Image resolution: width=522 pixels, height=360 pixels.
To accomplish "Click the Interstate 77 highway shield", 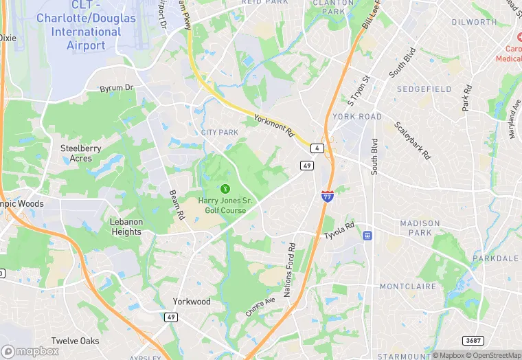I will (x=328, y=196).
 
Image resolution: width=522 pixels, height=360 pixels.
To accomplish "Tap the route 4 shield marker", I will (x=317, y=148).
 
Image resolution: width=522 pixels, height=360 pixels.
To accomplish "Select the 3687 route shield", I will (x=473, y=340).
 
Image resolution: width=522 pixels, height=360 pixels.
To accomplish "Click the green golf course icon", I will (x=224, y=188).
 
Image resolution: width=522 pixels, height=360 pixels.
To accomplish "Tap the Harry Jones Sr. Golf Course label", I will (x=225, y=205).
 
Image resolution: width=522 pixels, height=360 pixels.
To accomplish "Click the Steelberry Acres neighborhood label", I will (x=81, y=153).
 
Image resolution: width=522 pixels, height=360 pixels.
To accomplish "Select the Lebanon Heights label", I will (x=126, y=227).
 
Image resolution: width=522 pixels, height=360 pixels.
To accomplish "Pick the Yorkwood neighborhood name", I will (x=192, y=302).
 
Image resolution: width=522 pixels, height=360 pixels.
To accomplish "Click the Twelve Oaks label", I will (x=75, y=341).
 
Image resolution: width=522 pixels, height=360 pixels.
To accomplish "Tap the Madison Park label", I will (x=420, y=228).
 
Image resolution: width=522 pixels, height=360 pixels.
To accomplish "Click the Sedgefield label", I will (x=424, y=89).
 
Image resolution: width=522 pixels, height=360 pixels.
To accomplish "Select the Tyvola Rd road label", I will (x=339, y=231).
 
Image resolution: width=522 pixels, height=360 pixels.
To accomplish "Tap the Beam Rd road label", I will (x=177, y=205).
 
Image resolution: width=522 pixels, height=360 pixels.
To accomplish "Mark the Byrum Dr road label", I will (x=116, y=88).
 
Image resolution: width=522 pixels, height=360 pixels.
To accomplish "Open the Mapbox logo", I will (x=30, y=351).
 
